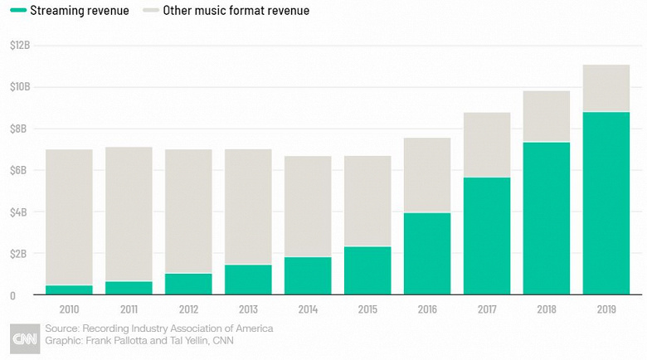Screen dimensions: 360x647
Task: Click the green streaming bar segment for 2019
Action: click(x=606, y=203)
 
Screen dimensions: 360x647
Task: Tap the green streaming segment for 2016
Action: click(x=427, y=254)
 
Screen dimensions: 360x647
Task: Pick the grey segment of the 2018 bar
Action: click(x=547, y=117)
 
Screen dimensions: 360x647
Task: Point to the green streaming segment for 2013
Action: click(x=248, y=280)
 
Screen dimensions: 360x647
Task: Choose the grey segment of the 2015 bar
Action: click(x=367, y=202)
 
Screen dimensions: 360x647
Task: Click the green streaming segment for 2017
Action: click(x=487, y=236)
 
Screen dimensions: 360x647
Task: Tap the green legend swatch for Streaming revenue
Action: click(x=16, y=11)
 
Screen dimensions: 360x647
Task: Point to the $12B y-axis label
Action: click(x=19, y=45)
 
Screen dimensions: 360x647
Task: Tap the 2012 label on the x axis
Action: click(x=188, y=309)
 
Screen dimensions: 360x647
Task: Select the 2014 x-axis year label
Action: click(x=308, y=309)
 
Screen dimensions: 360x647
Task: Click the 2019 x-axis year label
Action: click(x=606, y=309)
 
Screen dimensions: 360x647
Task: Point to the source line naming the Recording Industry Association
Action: click(x=158, y=329)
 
